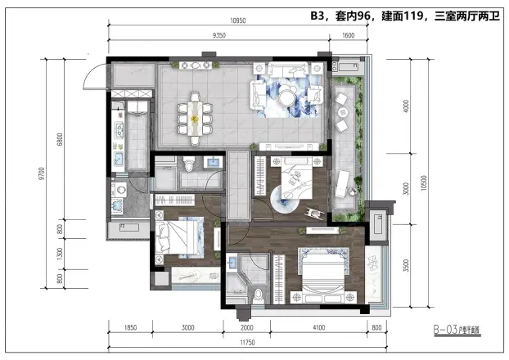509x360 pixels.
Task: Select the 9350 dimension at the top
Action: (219, 36)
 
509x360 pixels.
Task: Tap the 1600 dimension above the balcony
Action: (349, 36)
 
